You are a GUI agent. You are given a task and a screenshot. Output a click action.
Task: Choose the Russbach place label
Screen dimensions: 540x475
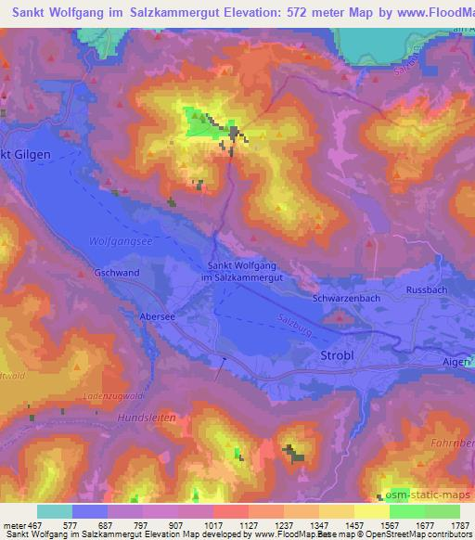[x=427, y=289]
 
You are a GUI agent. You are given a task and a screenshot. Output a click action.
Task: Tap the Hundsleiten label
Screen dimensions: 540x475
[x=148, y=418]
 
